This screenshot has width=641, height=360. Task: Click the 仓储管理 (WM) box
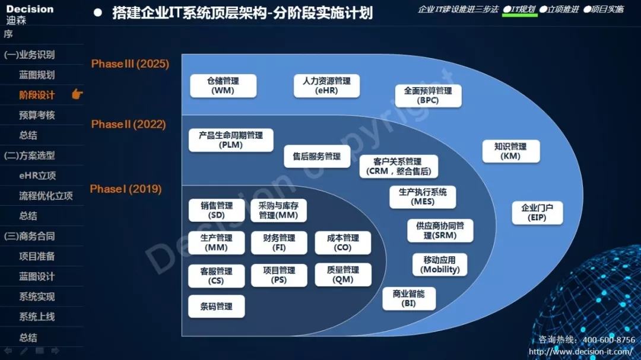223,86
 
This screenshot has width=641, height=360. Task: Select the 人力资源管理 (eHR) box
326,86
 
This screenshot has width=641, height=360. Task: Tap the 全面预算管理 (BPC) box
428,95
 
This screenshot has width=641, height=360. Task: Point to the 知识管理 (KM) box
510,151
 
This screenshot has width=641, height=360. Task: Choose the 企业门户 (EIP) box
537,212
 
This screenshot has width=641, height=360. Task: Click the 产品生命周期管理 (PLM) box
231,140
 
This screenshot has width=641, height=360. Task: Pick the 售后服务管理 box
317,157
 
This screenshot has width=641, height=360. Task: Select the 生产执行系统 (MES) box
423,197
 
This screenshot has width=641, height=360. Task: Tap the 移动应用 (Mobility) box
440,265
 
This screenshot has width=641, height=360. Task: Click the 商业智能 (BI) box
409,299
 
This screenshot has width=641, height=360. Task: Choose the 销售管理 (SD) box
217,211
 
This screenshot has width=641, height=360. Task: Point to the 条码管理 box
217,307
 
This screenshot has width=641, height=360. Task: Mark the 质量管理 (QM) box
343,275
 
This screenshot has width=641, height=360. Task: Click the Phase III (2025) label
130,63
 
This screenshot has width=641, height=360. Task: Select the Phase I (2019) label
126,189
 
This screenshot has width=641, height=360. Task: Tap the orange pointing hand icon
77,94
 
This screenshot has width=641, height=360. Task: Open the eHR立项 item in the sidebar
37,176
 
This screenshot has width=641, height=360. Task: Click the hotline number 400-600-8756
609,340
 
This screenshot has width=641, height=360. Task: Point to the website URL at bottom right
580,352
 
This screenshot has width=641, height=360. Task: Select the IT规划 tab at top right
519,9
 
